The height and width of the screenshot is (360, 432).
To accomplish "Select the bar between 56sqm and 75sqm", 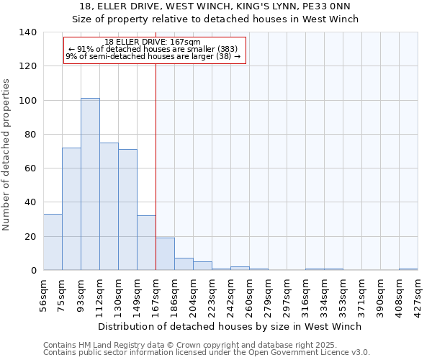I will pos(53,242).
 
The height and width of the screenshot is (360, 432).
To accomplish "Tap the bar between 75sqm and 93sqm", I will pos(71,209).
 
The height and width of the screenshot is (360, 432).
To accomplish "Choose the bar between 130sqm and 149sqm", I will pos(127,210).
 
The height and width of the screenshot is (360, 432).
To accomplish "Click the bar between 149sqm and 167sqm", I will pos(146,243).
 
